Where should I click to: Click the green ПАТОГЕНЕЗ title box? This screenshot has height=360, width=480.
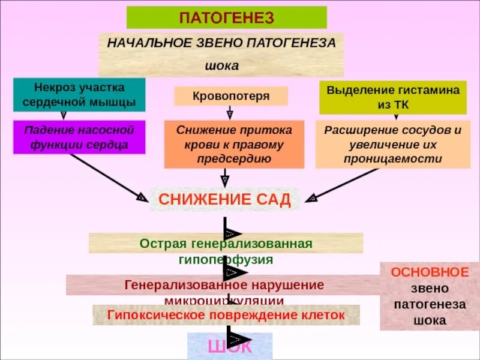(226, 17)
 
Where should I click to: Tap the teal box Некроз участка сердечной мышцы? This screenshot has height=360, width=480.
(79, 95)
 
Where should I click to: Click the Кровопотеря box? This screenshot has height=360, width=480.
(231, 96)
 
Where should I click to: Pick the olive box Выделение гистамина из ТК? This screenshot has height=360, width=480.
(392, 97)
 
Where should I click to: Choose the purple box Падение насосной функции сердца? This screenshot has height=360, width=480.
(79, 137)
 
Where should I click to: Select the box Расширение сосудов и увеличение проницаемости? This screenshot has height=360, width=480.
(392, 145)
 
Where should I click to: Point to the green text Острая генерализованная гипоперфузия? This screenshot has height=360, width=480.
(226, 251)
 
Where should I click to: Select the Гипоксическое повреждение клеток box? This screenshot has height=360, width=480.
(226, 314)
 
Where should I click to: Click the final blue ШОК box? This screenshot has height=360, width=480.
(229, 346)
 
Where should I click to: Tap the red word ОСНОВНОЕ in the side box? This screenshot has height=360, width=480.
(430, 272)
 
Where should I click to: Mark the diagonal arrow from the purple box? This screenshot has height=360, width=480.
(108, 177)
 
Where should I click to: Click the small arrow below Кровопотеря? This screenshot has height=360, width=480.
(229, 113)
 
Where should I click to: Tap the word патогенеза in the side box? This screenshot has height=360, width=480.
(430, 304)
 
